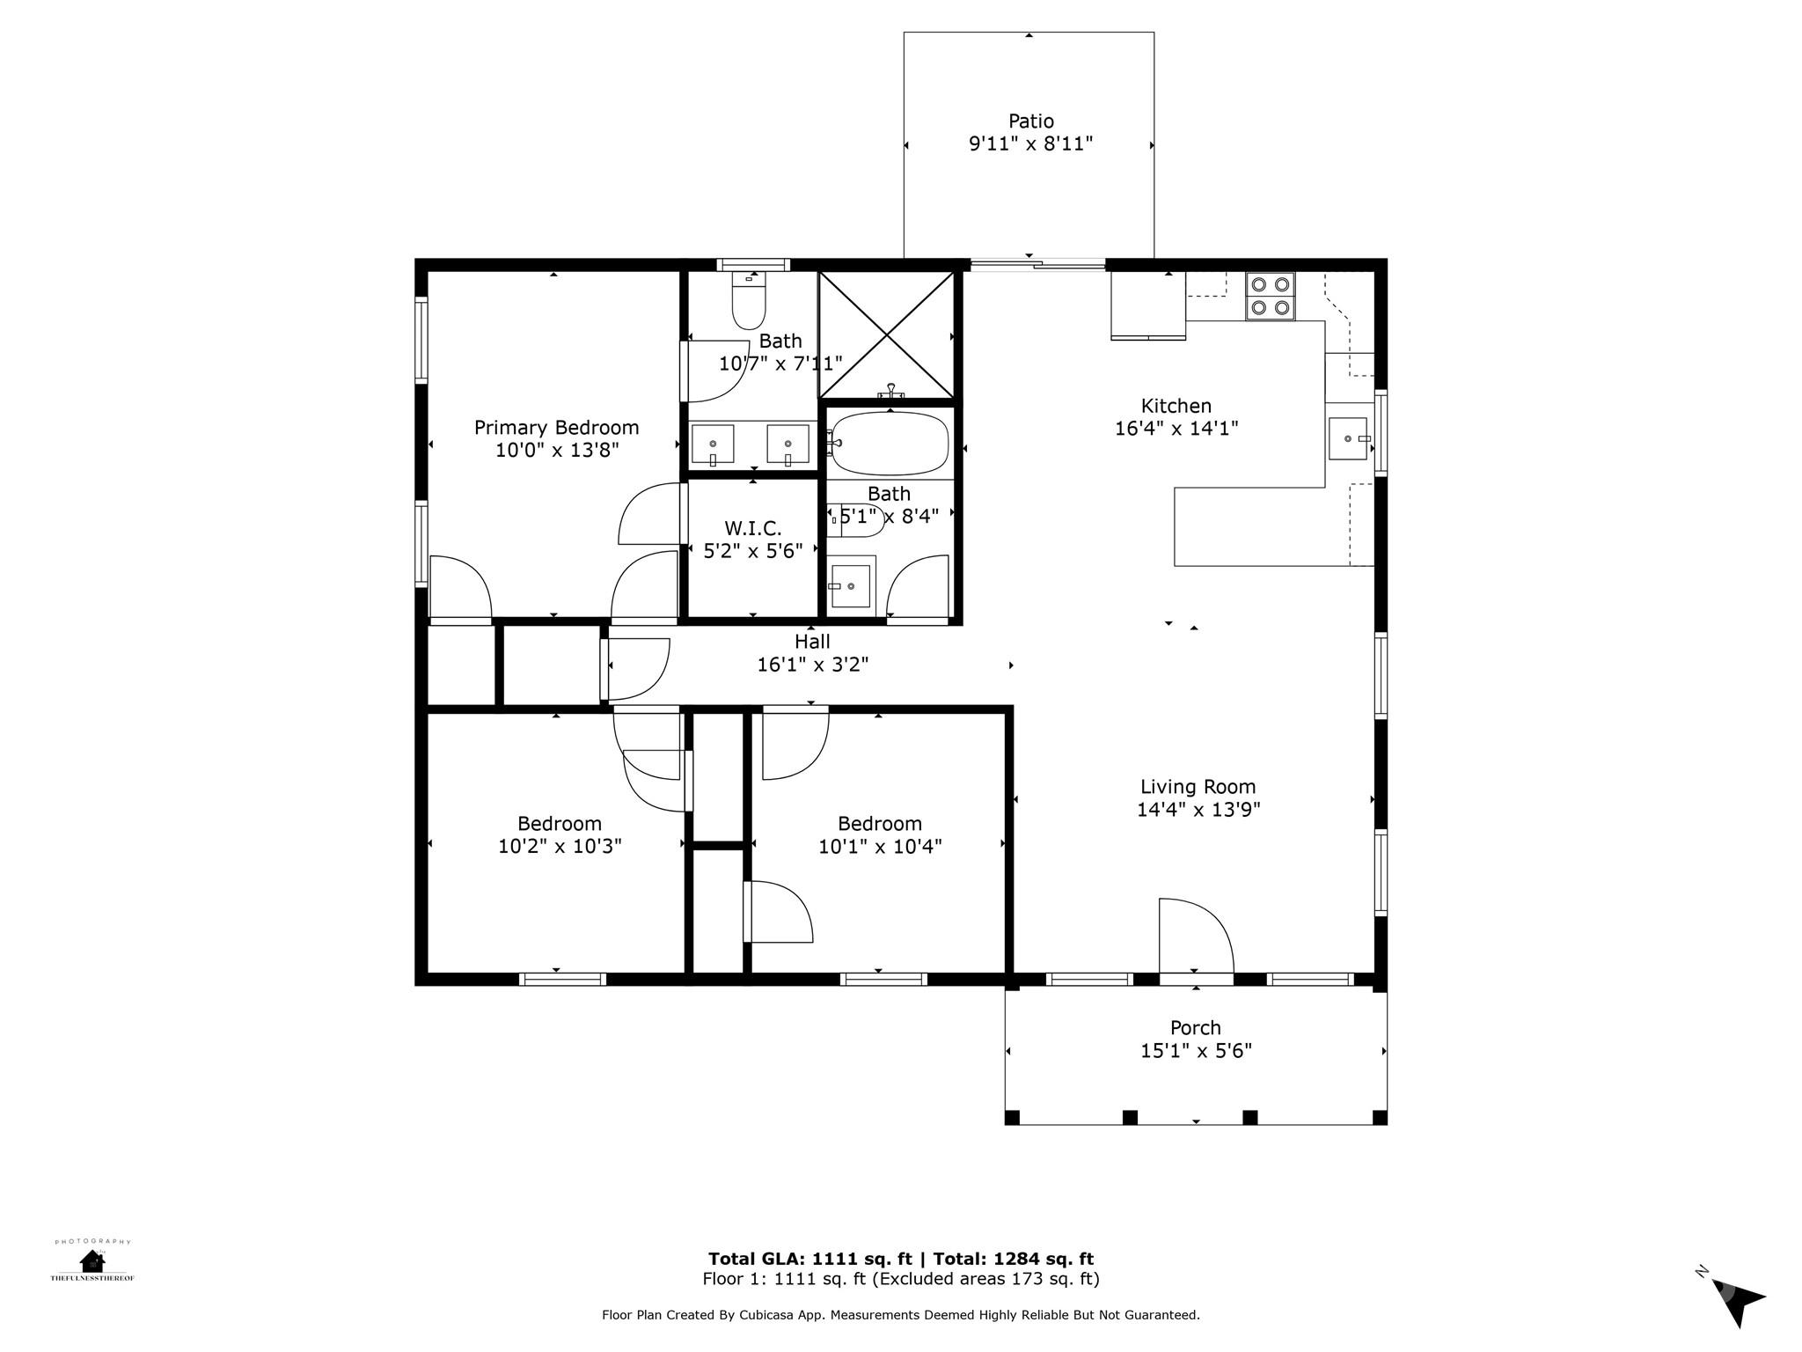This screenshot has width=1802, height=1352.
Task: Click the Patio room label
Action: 1030,121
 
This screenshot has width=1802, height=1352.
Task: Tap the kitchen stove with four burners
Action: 1270,296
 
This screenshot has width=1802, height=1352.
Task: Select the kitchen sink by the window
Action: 1347,438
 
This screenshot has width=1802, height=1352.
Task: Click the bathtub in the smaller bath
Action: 890,444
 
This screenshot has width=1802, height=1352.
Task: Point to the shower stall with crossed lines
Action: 887,334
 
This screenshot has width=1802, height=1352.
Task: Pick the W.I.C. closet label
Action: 752,528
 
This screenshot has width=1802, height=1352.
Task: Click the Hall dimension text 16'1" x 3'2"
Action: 812,665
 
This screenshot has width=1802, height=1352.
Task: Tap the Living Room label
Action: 1198,787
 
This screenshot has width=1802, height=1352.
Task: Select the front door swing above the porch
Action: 1194,937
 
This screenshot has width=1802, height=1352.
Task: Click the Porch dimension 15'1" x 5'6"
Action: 1196,1050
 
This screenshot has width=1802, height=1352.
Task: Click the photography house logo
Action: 92,1261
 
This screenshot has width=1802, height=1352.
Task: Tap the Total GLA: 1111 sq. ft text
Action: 809,1259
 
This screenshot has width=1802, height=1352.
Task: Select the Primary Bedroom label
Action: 556,428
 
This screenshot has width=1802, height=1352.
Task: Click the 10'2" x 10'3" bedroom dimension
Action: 560,846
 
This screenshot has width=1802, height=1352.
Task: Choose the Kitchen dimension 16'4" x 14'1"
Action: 1176,429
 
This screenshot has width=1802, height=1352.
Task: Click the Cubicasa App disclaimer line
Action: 900,1315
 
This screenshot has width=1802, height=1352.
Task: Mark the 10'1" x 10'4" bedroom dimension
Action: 879,846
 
